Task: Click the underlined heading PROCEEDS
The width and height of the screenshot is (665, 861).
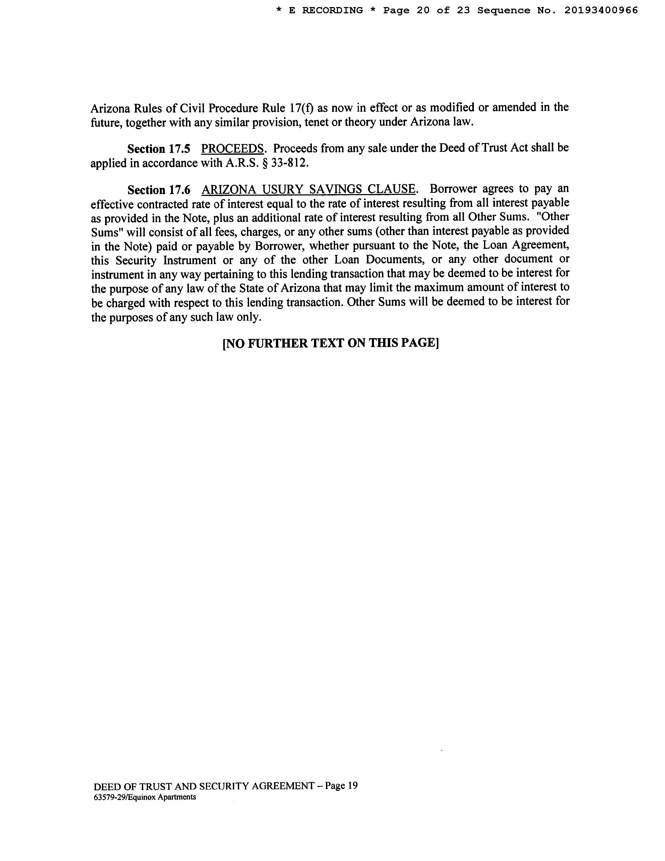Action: [x=232, y=149]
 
